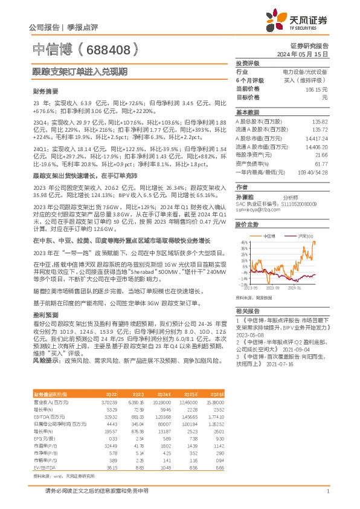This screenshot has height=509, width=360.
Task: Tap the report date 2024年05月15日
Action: tap(307, 54)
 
